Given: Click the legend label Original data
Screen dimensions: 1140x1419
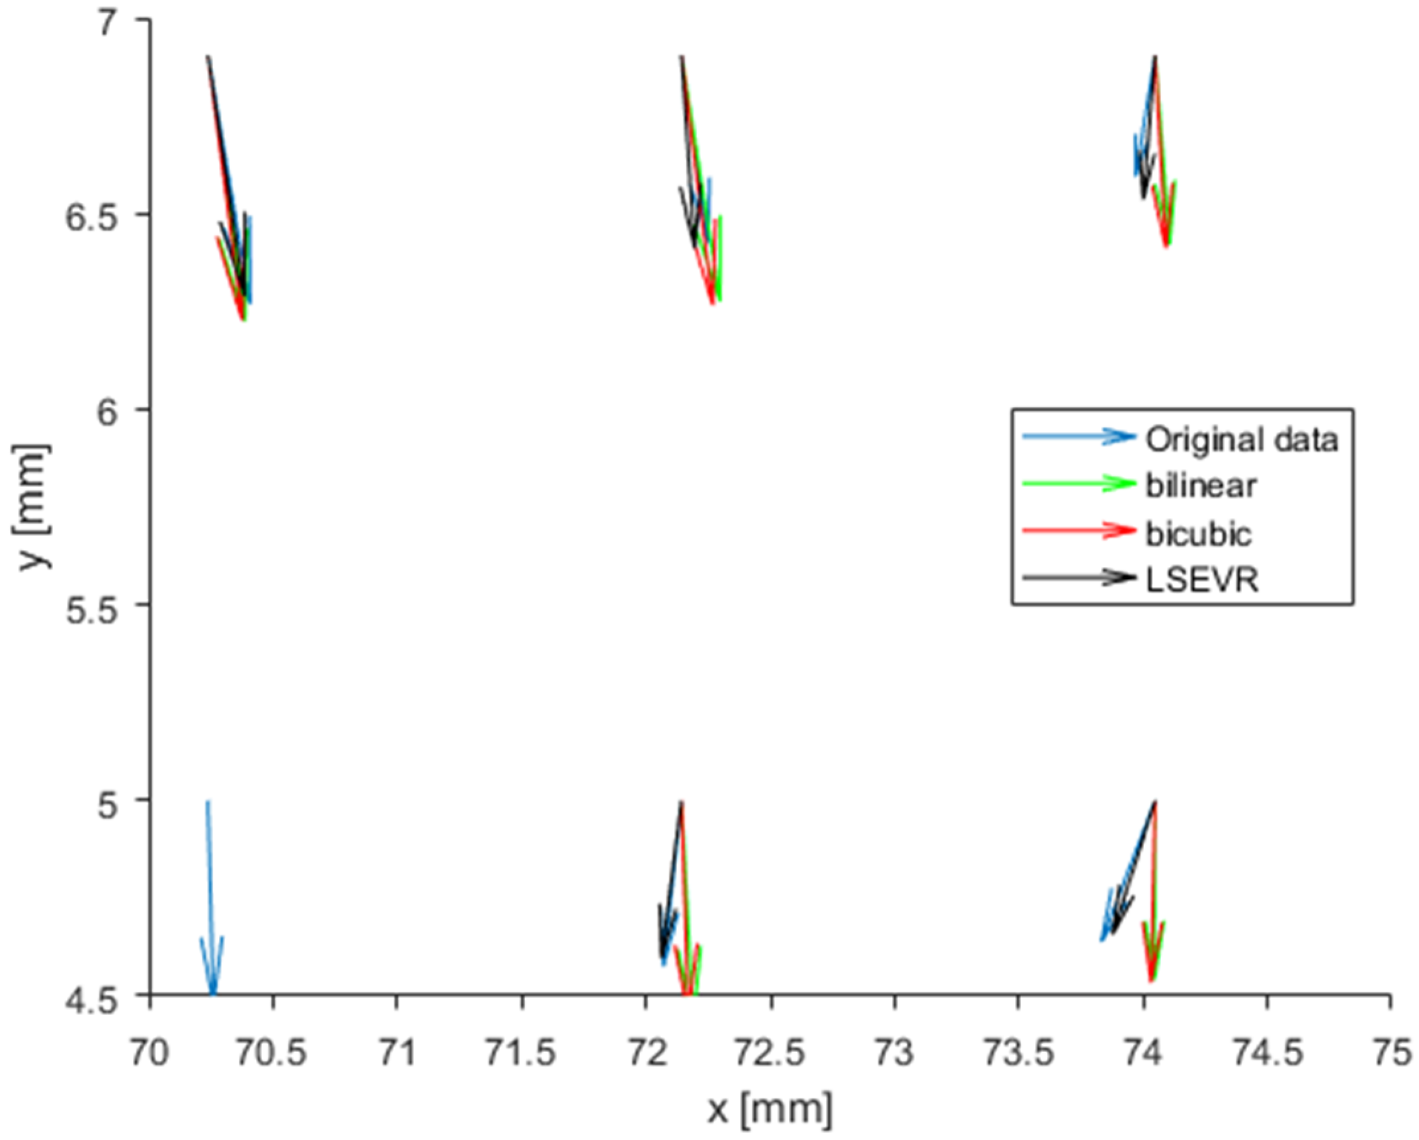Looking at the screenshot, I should (1241, 440).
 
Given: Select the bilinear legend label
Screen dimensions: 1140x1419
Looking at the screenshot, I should (1200, 486).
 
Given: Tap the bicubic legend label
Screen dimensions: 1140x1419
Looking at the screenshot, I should (1198, 533).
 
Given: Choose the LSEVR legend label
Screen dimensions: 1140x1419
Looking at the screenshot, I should (1201, 580).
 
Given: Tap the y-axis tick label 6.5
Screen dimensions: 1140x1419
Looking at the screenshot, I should (93, 215).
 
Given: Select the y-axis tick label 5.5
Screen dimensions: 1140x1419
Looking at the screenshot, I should (93, 605).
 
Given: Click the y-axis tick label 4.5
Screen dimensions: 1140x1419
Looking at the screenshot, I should (93, 994).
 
